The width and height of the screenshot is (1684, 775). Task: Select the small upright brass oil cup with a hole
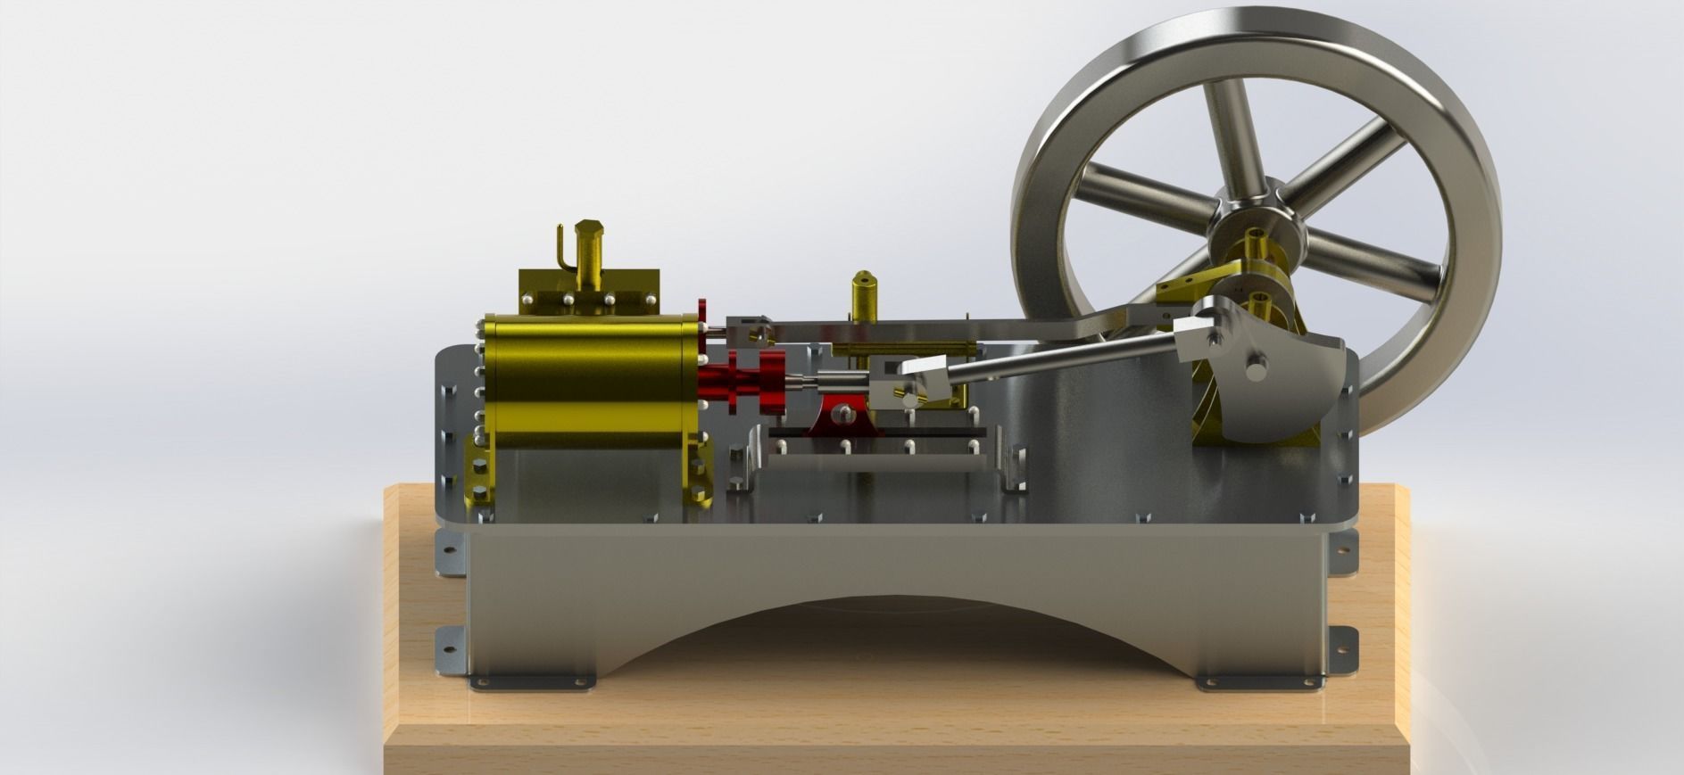[865, 294]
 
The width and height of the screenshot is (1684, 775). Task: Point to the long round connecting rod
[1053, 357]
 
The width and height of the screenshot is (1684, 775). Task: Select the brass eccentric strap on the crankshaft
[1187, 290]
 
